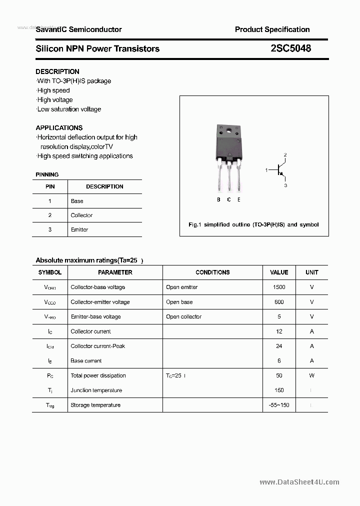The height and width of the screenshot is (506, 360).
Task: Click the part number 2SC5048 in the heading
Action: pos(290,48)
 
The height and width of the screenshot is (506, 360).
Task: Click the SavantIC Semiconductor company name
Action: pos(78,29)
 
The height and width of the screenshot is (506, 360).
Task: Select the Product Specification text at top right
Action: pos(272,29)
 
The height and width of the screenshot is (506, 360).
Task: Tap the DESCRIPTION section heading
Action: pos(57,71)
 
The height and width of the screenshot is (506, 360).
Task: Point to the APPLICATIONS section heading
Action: pos(59,127)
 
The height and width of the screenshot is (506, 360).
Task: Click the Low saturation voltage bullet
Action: pos(69,109)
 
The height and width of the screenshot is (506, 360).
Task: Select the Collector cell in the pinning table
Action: pos(81,215)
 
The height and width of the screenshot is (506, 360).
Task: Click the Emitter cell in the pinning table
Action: pos(79,229)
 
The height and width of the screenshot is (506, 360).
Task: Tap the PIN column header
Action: pos(50,186)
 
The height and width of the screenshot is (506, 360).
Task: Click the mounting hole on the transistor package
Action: pos(229,131)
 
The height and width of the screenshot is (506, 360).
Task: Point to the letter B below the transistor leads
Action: pos(218,199)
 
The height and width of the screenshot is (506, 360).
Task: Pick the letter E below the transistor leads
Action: pos(239,199)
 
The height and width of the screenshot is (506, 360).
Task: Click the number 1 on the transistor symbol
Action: pos(266,170)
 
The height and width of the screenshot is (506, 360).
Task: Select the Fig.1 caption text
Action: pos(253,224)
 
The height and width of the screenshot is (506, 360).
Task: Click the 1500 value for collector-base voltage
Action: pos(279,287)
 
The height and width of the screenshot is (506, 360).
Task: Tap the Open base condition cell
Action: pos(179,302)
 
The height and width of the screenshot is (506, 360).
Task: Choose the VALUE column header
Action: pos(279,272)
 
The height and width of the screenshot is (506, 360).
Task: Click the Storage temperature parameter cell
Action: pos(95,405)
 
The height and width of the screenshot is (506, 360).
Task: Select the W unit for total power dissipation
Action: pos(311,375)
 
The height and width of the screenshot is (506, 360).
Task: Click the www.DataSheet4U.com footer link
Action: pos(299,482)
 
